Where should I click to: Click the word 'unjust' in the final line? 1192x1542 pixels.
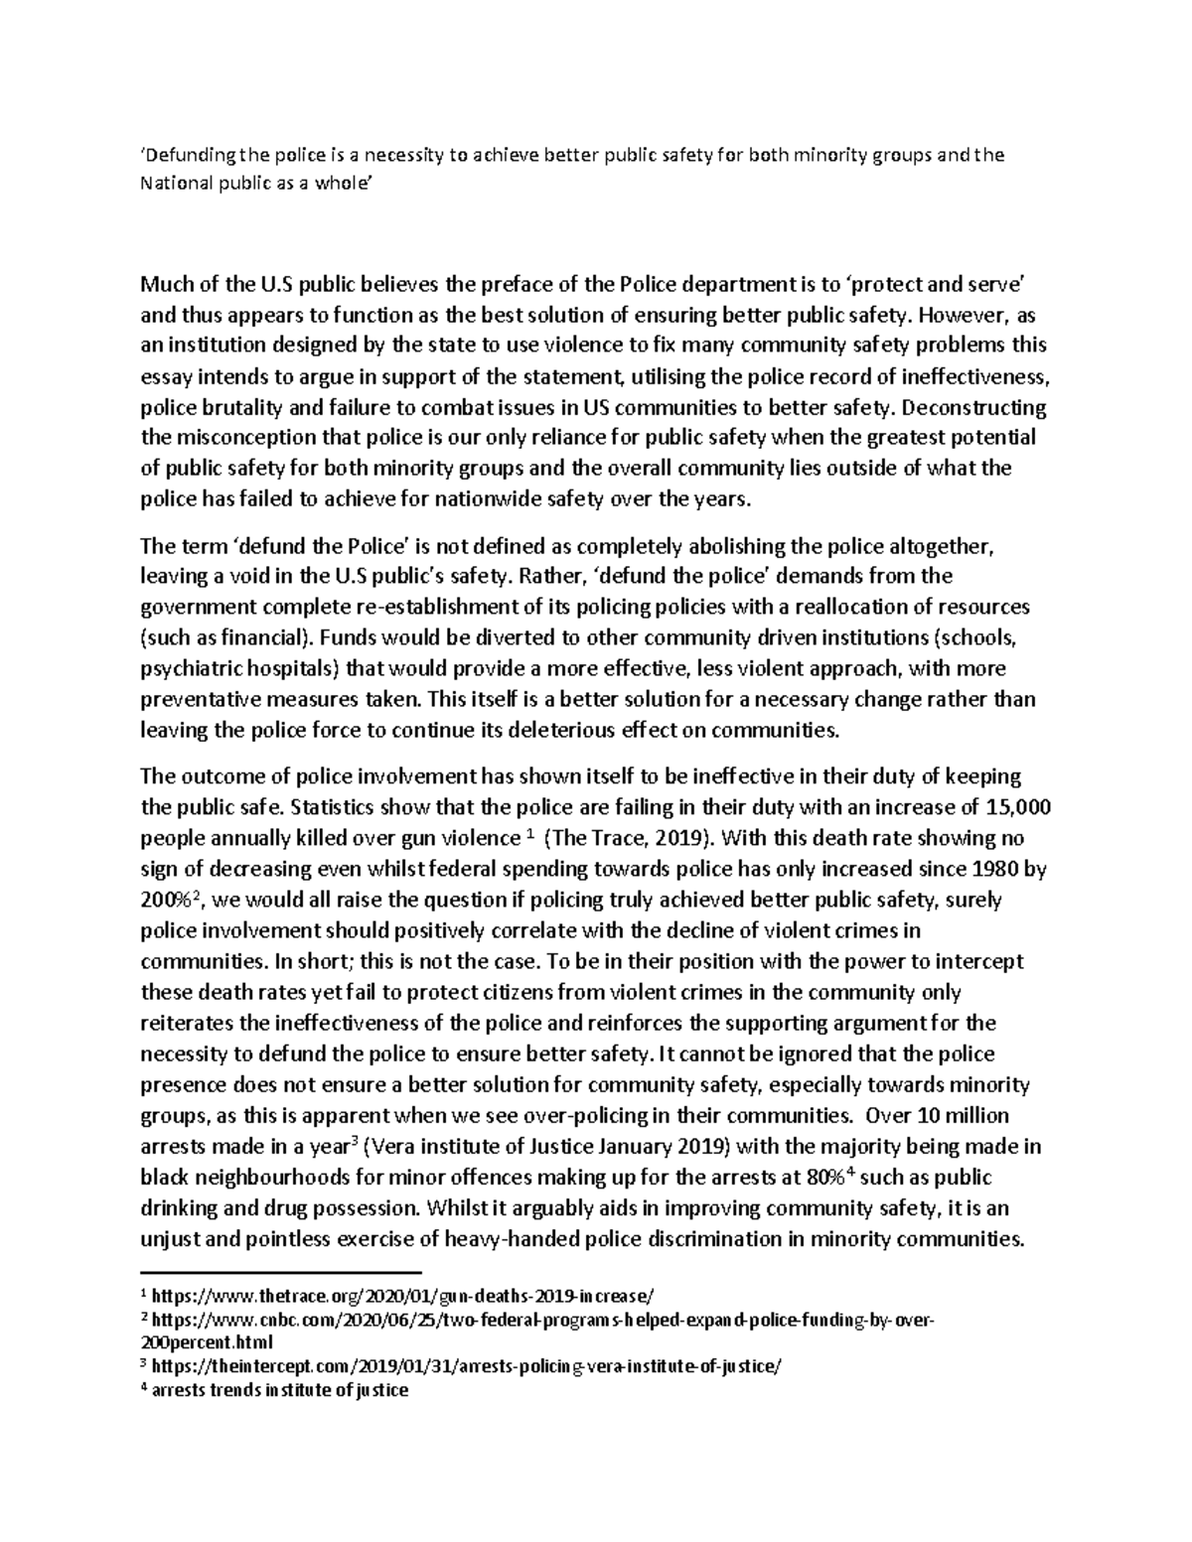pyautogui.click(x=171, y=1238)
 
